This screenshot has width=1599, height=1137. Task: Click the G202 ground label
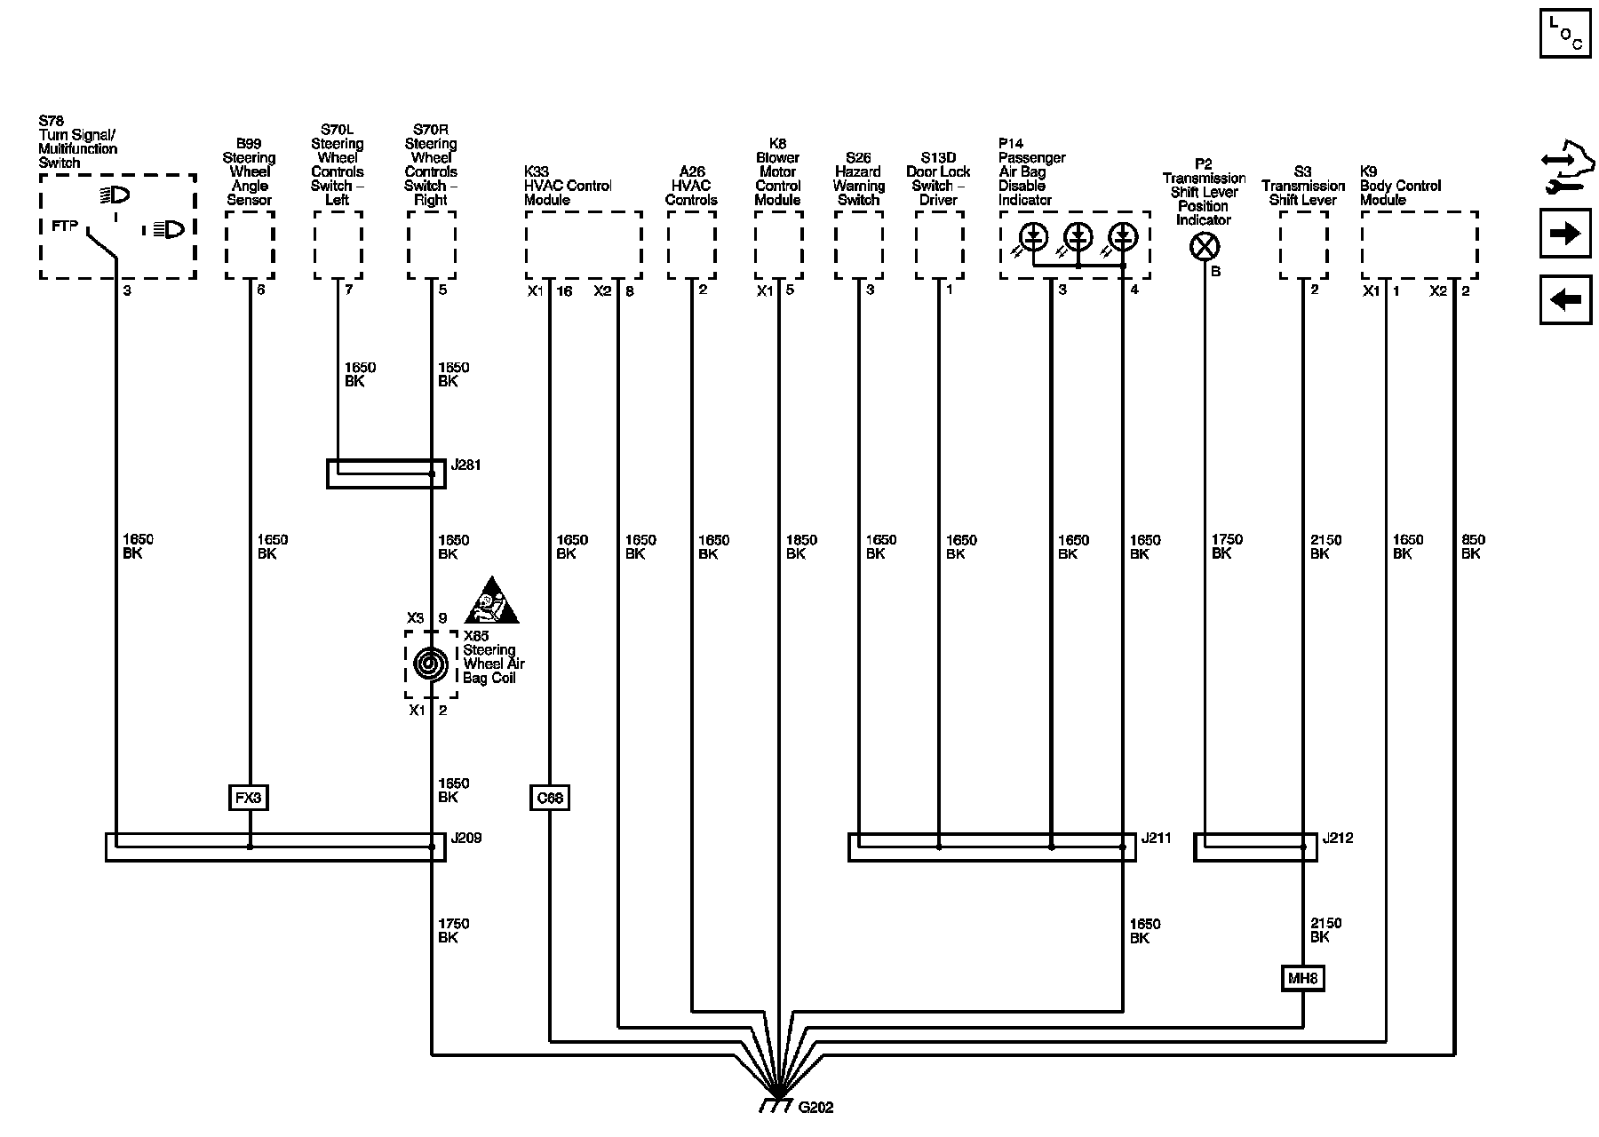pyautogui.click(x=815, y=1108)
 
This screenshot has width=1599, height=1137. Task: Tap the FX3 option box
pyautogui.click(x=249, y=798)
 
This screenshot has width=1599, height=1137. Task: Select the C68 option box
pyautogui.click(x=550, y=798)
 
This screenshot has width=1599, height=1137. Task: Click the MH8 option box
pyautogui.click(x=1303, y=979)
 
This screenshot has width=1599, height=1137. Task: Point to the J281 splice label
pyautogui.click(x=465, y=465)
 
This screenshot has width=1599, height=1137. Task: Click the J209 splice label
pyautogui.click(x=466, y=838)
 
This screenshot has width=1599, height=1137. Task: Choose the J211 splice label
pyautogui.click(x=1156, y=838)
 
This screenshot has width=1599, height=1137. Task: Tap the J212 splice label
pyautogui.click(x=1337, y=838)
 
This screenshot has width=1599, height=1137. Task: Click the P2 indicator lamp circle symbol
pyautogui.click(x=1204, y=247)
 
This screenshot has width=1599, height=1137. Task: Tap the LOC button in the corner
pyautogui.click(x=1564, y=33)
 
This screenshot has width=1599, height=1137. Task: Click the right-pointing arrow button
pyautogui.click(x=1564, y=234)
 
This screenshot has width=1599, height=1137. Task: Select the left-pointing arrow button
pyautogui.click(x=1564, y=299)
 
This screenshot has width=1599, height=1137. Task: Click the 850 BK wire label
pyautogui.click(x=1472, y=546)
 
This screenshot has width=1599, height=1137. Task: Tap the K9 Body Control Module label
pyautogui.click(x=1400, y=186)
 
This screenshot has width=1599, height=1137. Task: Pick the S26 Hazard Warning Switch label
pyautogui.click(x=858, y=179)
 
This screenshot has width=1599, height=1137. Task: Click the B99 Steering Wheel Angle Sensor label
pyautogui.click(x=249, y=171)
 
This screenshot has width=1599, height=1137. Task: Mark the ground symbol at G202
pyautogui.click(x=777, y=1106)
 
